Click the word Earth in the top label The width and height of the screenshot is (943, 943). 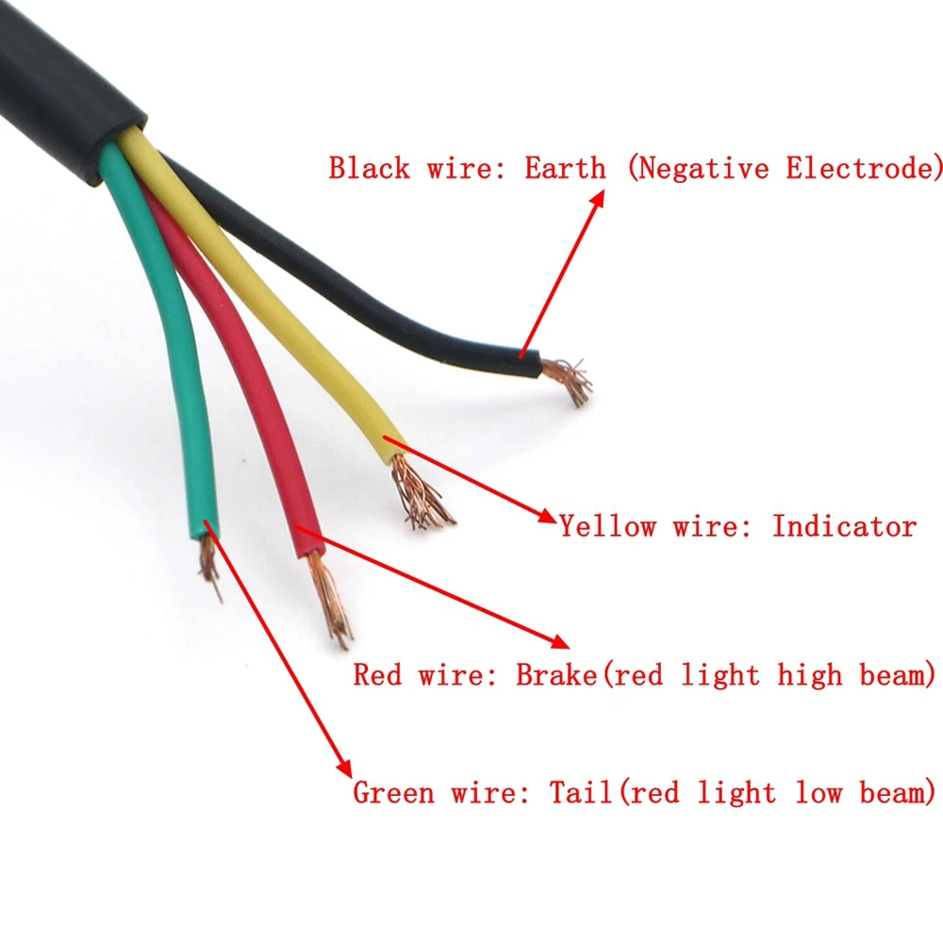click(x=565, y=169)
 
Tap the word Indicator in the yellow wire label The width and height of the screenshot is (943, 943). click(x=844, y=526)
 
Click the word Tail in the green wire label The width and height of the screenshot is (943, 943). click(x=581, y=793)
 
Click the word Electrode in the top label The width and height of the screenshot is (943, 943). click(x=862, y=169)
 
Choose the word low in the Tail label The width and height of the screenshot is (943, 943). click(x=818, y=793)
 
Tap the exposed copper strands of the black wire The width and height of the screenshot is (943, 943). click(x=570, y=378)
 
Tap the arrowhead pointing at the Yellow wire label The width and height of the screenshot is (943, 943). click(x=546, y=516)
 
